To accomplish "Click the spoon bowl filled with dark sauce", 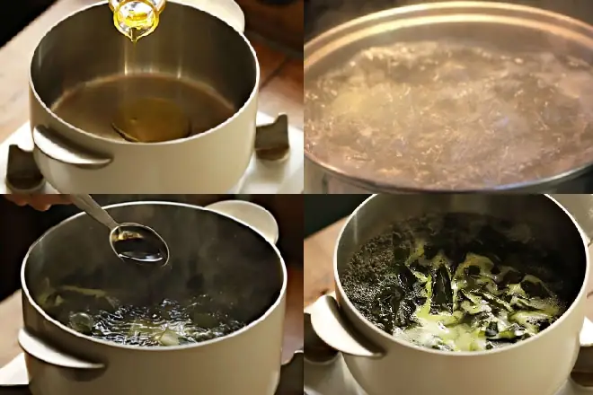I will point(138,242).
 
